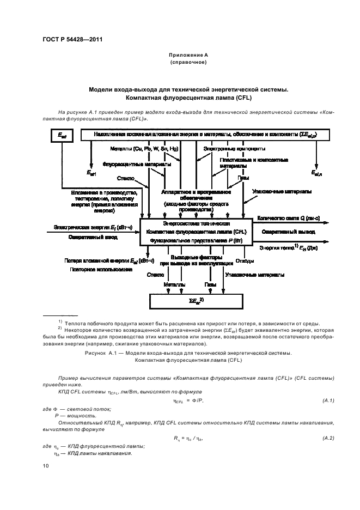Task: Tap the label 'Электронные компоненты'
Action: [x=234, y=149]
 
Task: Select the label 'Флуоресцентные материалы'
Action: [x=137, y=163]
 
